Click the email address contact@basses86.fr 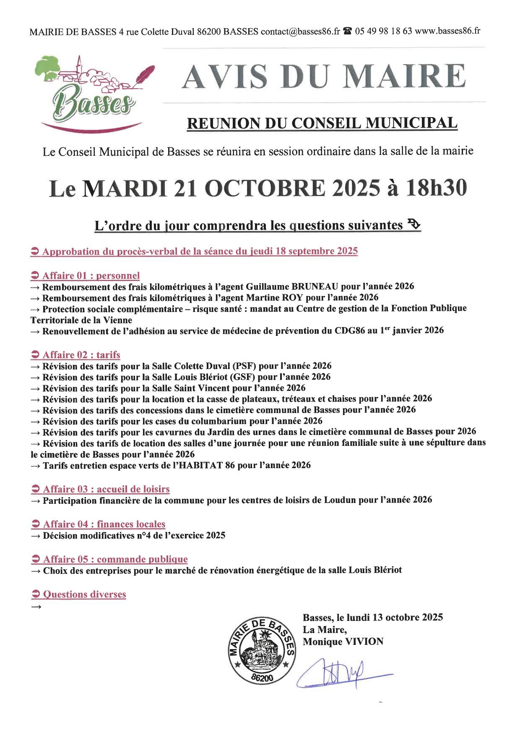[x=300, y=32]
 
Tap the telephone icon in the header [x=347, y=31]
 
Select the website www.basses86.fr [x=447, y=31]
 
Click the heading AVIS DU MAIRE [x=323, y=76]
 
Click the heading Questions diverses [x=84, y=594]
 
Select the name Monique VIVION [x=343, y=642]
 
